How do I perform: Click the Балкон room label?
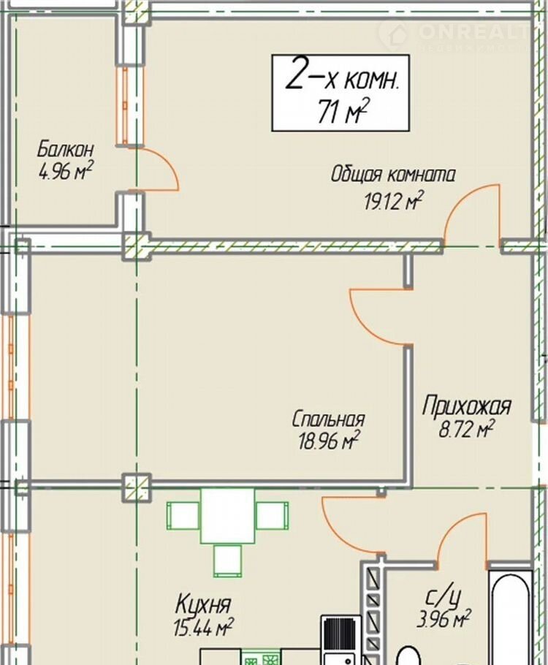65,149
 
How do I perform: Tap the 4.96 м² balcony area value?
65,170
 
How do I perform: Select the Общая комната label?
393,175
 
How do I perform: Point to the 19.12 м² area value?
394,200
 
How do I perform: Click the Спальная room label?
328,419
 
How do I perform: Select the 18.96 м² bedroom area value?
329,441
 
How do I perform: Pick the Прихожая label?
467,406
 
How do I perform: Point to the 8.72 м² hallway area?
466,429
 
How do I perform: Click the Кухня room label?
203,604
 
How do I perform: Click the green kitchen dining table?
228,515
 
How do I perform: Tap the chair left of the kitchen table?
183,516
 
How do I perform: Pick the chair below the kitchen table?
227,560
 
